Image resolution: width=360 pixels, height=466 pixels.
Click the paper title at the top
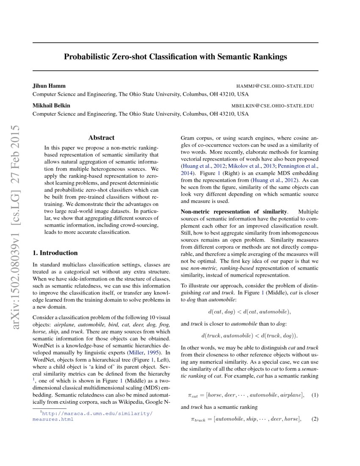[175, 56]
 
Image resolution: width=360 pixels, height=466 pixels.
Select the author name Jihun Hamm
[49, 86]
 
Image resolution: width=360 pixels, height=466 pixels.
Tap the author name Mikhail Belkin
[51, 105]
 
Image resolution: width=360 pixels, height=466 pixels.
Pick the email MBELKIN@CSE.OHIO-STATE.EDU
[272, 106]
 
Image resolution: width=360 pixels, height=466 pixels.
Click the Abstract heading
[101, 138]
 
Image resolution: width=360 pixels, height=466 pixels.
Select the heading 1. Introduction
[55, 253]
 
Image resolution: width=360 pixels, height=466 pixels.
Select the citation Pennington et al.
[296, 166]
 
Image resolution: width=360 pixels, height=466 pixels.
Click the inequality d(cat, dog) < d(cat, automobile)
[249, 312]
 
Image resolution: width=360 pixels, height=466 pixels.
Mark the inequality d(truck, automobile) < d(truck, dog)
[249, 336]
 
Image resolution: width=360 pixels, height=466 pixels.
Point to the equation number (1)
[314, 395]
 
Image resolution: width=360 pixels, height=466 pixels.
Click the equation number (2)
[314, 419]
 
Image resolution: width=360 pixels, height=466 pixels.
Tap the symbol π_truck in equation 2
[199, 420]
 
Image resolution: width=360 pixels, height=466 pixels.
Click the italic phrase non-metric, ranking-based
[226, 268]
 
